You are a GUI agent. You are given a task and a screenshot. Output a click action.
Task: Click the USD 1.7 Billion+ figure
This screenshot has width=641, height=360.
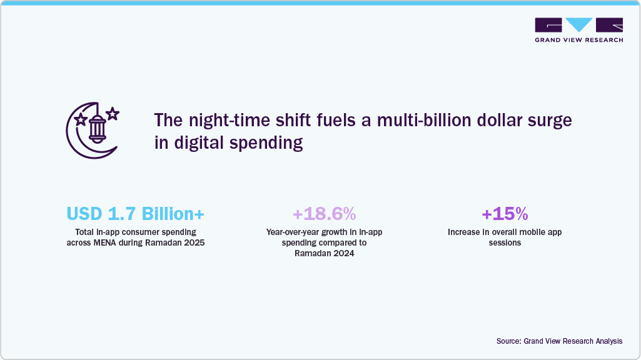[135, 214]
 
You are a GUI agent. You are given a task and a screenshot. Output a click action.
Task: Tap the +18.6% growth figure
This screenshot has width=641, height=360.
[324, 214]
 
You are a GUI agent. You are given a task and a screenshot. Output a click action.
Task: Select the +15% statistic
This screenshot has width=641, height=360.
[504, 214]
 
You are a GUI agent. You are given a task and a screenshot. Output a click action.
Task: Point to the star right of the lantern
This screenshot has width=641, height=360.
[113, 114]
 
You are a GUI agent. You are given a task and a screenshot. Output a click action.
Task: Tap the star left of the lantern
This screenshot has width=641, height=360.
[80, 119]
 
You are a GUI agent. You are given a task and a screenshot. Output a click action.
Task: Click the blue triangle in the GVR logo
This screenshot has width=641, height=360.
[578, 25]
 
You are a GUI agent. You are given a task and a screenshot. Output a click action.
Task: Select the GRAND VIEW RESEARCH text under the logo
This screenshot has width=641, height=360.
[578, 40]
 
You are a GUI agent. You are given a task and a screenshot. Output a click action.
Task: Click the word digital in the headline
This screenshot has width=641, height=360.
[201, 143]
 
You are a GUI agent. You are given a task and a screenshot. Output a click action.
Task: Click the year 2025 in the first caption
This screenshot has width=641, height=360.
[194, 242]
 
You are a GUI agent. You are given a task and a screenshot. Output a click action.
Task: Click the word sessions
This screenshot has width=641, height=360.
[505, 242]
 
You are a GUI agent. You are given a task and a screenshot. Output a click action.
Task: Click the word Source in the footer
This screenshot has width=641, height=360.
[508, 341]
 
